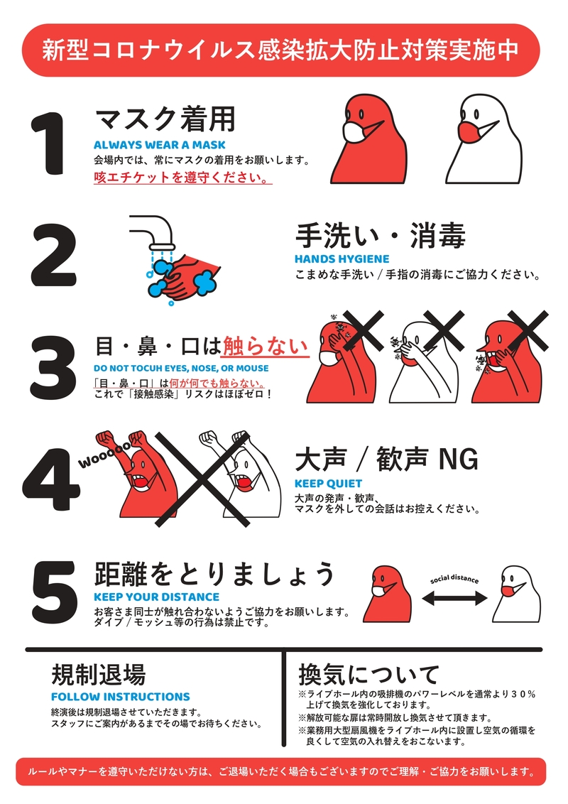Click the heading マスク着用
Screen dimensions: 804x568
coord(164,119)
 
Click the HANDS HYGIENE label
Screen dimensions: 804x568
coord(342,259)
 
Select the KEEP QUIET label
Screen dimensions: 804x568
coord(328,484)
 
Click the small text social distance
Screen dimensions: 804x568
coord(454,580)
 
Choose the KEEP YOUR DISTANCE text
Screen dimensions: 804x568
coord(156,597)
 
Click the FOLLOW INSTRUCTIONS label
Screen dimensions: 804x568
coord(120,697)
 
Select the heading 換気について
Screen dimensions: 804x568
coord(368,673)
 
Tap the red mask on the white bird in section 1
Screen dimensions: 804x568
coord(469,132)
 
